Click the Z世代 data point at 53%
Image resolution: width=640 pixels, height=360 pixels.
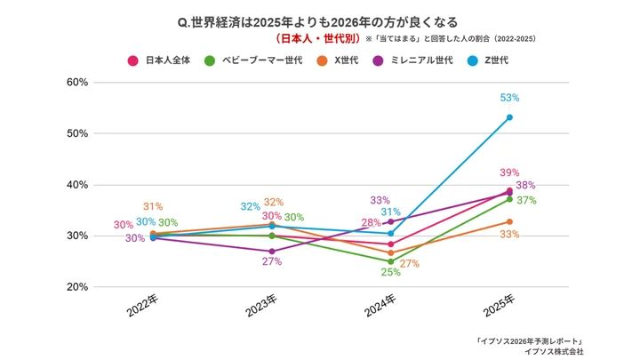point(509,117)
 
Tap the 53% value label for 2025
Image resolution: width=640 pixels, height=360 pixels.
point(509,98)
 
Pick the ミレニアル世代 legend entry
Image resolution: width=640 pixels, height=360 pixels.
point(416,60)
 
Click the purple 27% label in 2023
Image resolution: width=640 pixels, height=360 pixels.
point(272,262)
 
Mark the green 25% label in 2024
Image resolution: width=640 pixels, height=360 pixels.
point(389,273)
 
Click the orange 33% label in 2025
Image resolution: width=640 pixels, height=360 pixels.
point(509,235)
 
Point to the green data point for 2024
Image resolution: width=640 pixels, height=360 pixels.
point(390,262)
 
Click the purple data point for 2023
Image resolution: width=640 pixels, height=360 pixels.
point(272,252)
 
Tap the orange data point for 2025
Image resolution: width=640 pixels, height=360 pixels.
point(509,221)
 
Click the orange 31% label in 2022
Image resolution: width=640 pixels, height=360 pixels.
point(152,207)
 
